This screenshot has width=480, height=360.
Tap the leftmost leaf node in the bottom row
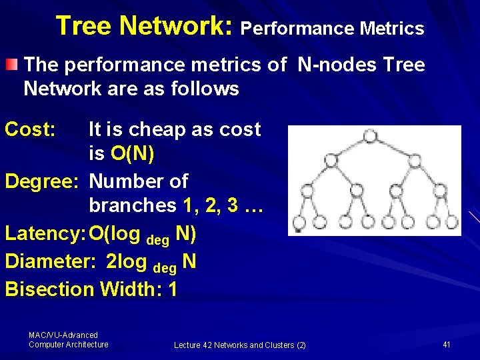[x=299, y=221]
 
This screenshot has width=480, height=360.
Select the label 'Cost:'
[x=30, y=129]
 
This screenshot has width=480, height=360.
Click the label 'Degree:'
[x=43, y=181]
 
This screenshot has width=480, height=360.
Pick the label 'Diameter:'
[x=51, y=261]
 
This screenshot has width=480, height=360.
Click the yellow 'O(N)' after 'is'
[x=133, y=155]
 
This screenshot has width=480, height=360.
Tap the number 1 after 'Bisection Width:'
[x=173, y=289]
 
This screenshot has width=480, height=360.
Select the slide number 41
[x=447, y=344]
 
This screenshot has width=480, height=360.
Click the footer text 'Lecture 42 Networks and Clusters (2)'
[x=240, y=345]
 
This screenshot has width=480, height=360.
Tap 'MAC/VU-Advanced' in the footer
[x=63, y=335]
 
